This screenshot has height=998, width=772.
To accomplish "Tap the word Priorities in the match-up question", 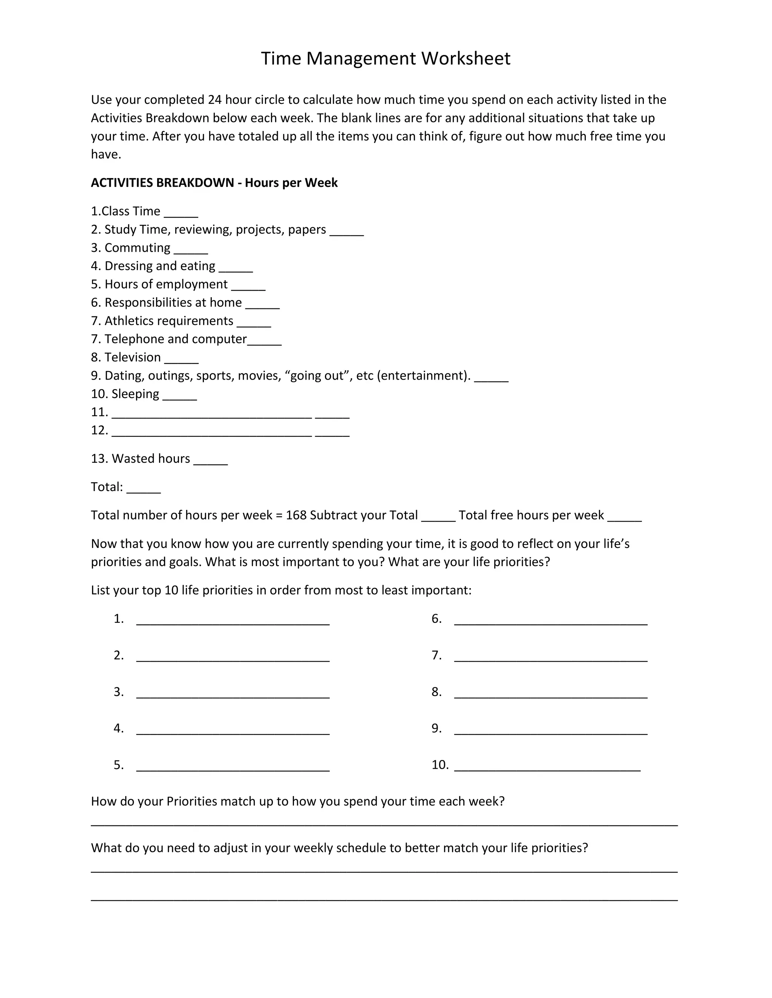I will click(191, 801).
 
